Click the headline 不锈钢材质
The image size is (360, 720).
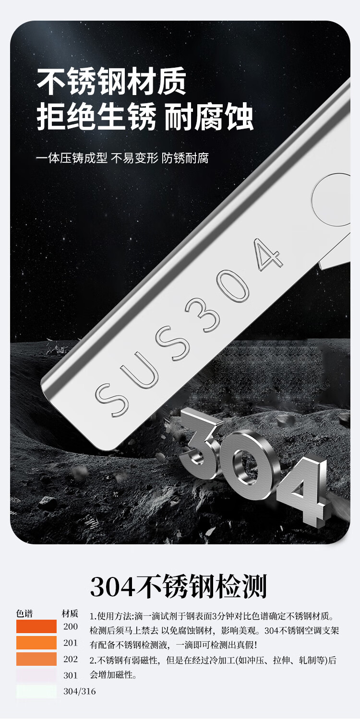(x=112, y=82)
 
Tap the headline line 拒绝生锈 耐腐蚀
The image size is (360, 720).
(x=145, y=116)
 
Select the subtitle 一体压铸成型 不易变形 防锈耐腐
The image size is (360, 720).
(x=122, y=158)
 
